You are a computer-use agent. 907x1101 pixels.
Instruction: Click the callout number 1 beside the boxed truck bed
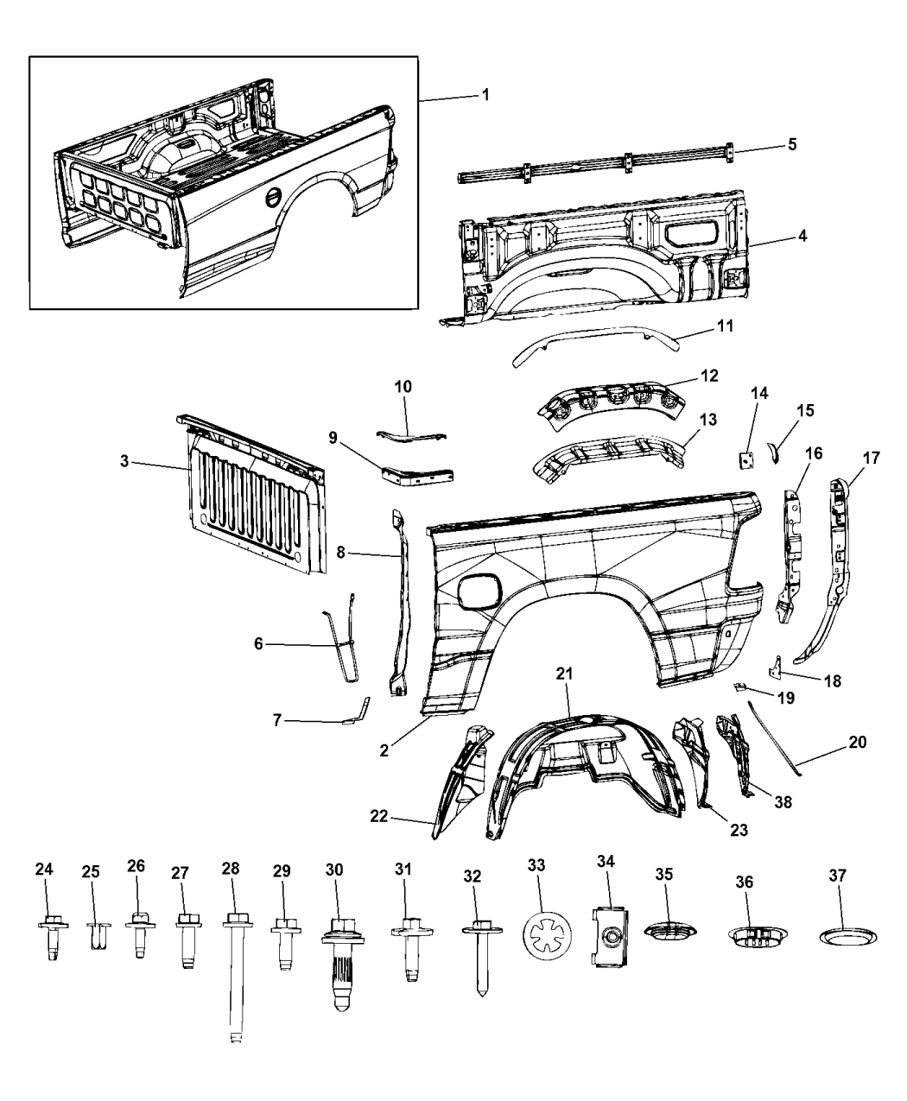pos(485,95)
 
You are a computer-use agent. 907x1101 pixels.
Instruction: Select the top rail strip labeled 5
pos(596,164)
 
